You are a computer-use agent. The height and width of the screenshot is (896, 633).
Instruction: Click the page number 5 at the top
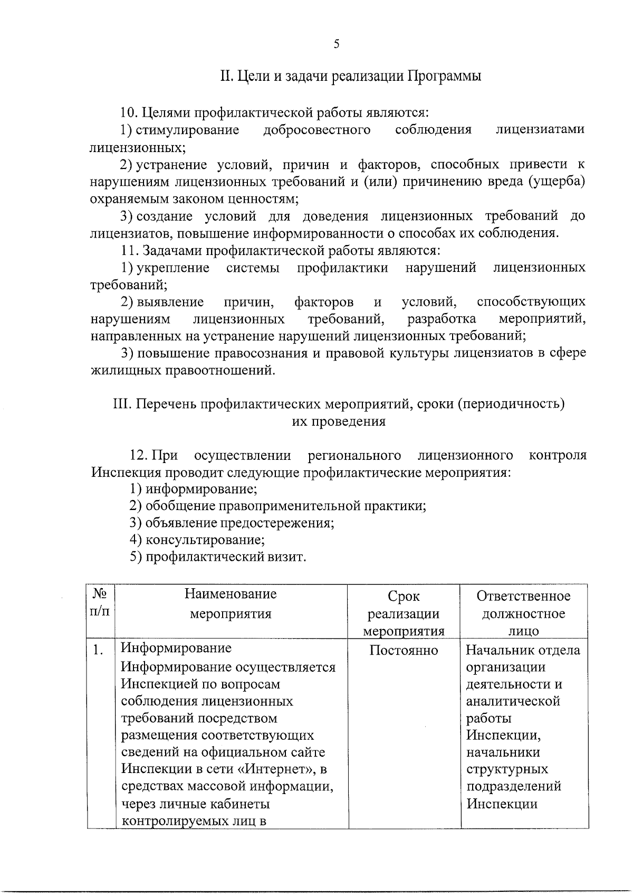click(336, 44)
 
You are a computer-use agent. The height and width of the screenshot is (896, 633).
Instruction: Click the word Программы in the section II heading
click(444, 76)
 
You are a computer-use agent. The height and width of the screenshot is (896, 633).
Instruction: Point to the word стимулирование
click(187, 130)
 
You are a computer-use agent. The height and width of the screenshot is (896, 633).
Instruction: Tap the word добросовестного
click(316, 130)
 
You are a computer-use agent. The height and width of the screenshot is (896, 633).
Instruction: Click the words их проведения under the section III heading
click(338, 422)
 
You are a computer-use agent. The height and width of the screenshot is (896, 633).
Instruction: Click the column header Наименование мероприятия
click(231, 604)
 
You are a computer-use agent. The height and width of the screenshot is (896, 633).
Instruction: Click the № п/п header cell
click(101, 603)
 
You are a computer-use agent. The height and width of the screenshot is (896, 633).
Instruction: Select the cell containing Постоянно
click(404, 650)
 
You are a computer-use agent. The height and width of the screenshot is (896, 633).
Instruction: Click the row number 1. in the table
click(98, 650)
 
